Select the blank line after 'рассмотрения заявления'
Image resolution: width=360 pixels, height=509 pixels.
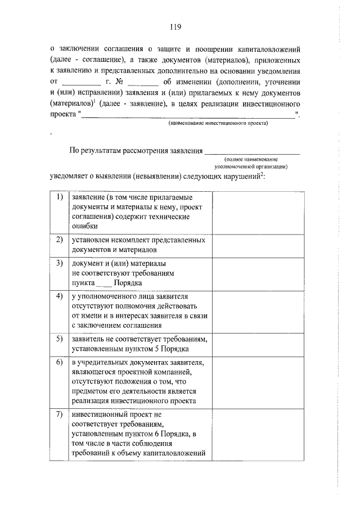pos(253,150)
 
